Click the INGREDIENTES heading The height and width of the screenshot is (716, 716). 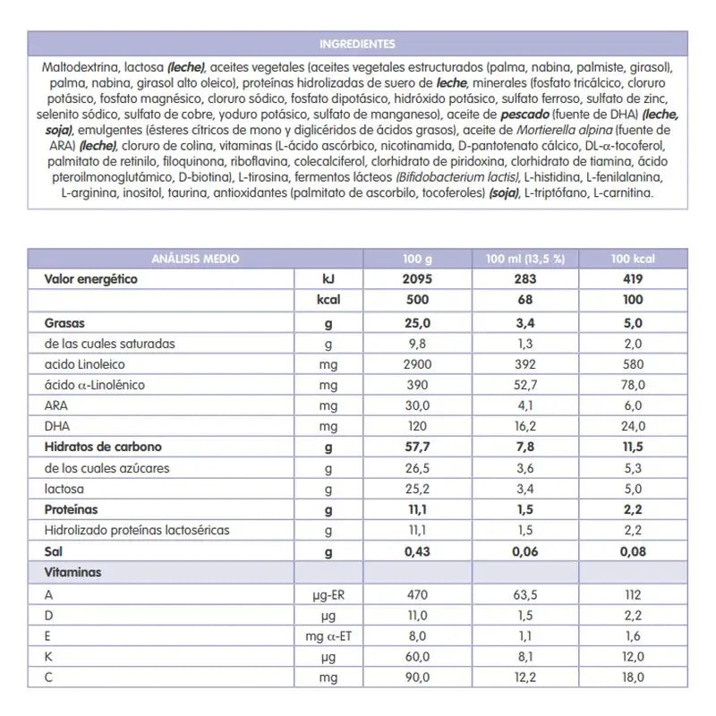pyautogui.click(x=357, y=43)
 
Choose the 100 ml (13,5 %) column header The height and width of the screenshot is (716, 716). pyautogui.click(x=524, y=259)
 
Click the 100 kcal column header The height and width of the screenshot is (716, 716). pyautogui.click(x=634, y=259)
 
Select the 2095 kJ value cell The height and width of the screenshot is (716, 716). pyautogui.click(x=417, y=279)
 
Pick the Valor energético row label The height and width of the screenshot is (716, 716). pyautogui.click(x=90, y=279)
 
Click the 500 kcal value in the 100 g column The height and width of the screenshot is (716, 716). pyautogui.click(x=417, y=301)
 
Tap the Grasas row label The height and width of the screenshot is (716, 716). pyautogui.click(x=64, y=322)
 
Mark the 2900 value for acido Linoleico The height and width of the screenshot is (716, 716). pyautogui.click(x=417, y=364)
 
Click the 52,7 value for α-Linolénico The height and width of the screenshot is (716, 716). pyautogui.click(x=524, y=385)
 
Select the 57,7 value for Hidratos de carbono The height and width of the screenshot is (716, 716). pyautogui.click(x=417, y=447)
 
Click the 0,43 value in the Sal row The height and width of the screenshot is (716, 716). pyautogui.click(x=417, y=551)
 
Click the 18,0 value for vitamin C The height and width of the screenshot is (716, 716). pyautogui.click(x=634, y=678)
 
